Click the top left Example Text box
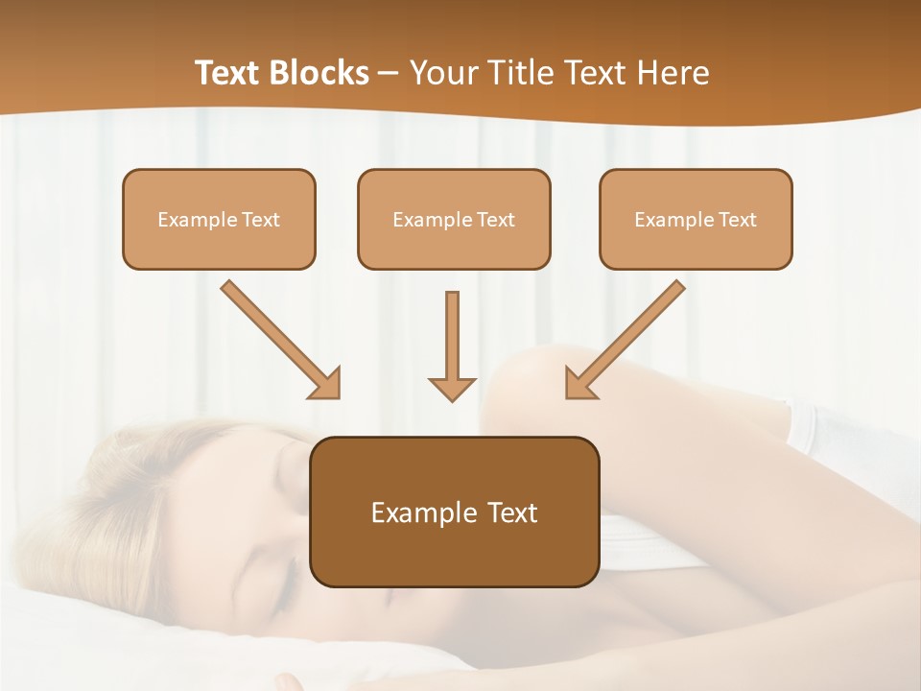tap(219, 219)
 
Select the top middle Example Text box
tap(454, 219)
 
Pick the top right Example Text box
tap(696, 219)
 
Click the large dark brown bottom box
tap(454, 512)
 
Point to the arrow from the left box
tap(278, 338)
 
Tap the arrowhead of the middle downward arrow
tap(452, 388)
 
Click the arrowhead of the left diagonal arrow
tap(325, 383)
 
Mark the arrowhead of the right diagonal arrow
tap(580, 383)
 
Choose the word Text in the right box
tap(737, 219)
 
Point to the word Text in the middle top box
tap(495, 219)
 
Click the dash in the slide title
tap(389, 74)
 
